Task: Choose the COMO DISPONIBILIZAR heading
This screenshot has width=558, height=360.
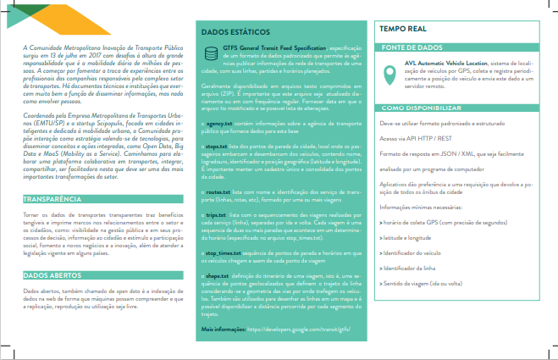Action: [x=421, y=108]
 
